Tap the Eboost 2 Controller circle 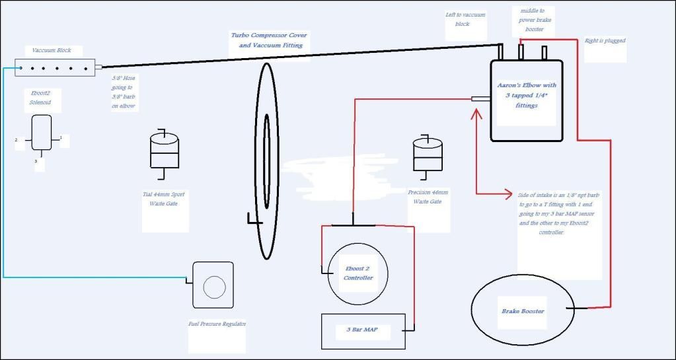357,273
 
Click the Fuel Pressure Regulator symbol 213,285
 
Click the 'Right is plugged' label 605,41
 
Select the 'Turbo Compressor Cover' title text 269,40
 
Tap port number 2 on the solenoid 16,140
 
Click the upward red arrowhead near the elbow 475,114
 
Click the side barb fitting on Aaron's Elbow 480,99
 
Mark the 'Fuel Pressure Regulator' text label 217,324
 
